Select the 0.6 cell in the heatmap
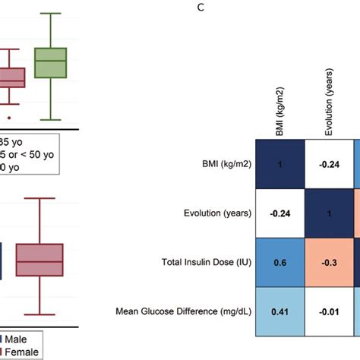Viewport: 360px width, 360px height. point(279,261)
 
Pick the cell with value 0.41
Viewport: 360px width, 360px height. point(279,311)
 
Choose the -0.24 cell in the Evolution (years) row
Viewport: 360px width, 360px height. point(279,213)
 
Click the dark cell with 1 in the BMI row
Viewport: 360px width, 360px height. point(279,164)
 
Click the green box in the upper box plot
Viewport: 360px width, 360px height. point(52,63)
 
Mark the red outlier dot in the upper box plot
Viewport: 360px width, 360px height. point(8,118)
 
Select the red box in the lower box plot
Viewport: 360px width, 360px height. point(39,261)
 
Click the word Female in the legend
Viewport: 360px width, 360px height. point(27,352)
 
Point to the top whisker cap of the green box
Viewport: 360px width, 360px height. point(52,14)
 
